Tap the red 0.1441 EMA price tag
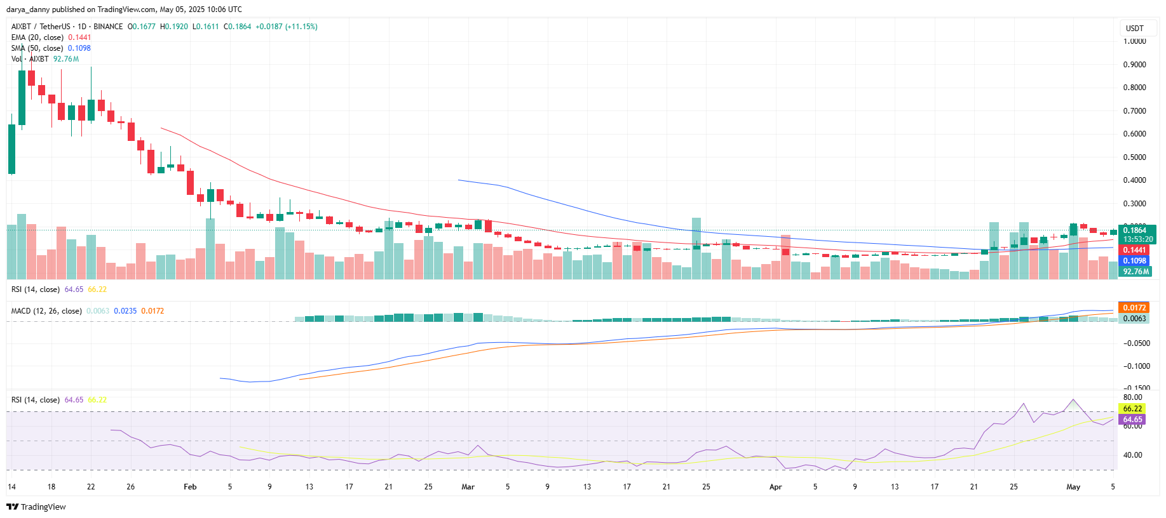click(1134, 250)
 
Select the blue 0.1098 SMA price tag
click(1134, 261)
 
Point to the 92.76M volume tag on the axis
click(1136, 272)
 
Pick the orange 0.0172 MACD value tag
click(1134, 308)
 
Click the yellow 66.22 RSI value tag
click(1132, 409)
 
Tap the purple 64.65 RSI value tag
click(1132, 420)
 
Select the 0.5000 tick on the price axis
click(1134, 157)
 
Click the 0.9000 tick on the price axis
click(1134, 65)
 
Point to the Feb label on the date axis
click(190, 487)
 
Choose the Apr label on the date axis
click(775, 487)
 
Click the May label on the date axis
click(1073, 487)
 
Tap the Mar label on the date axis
click(468, 487)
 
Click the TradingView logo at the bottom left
click(36, 507)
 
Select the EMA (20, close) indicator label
click(37, 37)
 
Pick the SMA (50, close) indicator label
click(37, 48)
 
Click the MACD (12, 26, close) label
click(46, 311)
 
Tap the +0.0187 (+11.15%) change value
click(287, 27)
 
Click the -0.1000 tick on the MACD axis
click(1137, 366)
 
